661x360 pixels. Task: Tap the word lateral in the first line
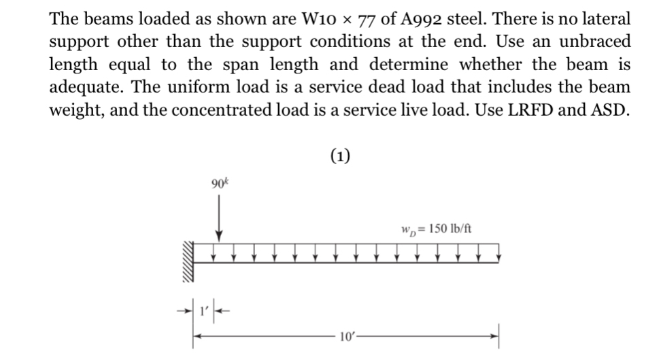click(x=608, y=18)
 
